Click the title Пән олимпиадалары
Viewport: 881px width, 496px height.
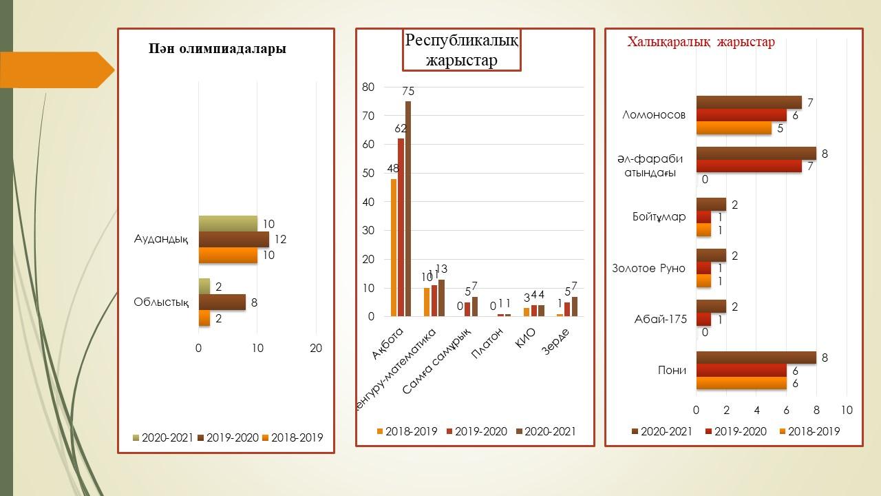(x=217, y=49)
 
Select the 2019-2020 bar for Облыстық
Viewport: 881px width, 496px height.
(x=222, y=302)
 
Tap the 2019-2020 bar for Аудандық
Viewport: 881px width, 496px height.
(x=233, y=239)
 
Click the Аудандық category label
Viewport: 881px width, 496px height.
(x=161, y=240)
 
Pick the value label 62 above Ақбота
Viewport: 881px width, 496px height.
(x=401, y=129)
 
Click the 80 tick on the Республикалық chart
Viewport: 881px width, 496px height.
(x=368, y=87)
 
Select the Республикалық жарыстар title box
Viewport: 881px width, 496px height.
(x=461, y=50)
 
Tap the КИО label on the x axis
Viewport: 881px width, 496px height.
(x=526, y=340)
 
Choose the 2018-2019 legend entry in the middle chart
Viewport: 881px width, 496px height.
(x=407, y=432)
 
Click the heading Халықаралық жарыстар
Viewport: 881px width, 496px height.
(x=701, y=42)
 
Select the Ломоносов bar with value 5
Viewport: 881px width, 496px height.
(x=734, y=128)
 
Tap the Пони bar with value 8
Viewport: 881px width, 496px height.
(x=756, y=358)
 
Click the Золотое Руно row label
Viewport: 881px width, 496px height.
(x=648, y=268)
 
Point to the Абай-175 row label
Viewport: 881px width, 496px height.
(x=660, y=319)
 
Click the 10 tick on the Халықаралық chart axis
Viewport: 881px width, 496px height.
(x=847, y=410)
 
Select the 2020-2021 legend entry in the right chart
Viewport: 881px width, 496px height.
(x=661, y=432)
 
